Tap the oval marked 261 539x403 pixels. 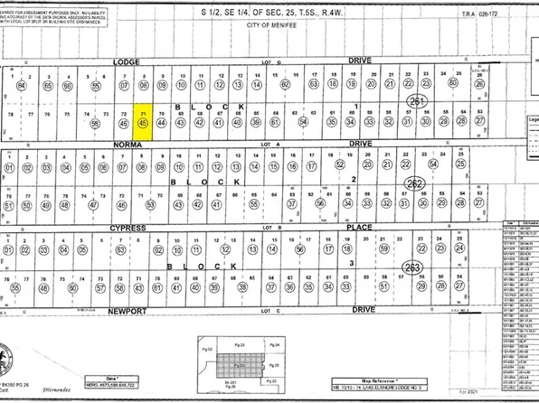pyautogui.click(x=417, y=101)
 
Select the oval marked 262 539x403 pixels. pyautogui.click(x=415, y=184)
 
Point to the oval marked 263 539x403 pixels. pyautogui.click(x=412, y=267)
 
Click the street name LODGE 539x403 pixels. pyautogui.click(x=127, y=61)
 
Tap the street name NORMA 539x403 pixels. pyautogui.click(x=127, y=144)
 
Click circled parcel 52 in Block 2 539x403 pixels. pyautogui.click(x=339, y=167)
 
